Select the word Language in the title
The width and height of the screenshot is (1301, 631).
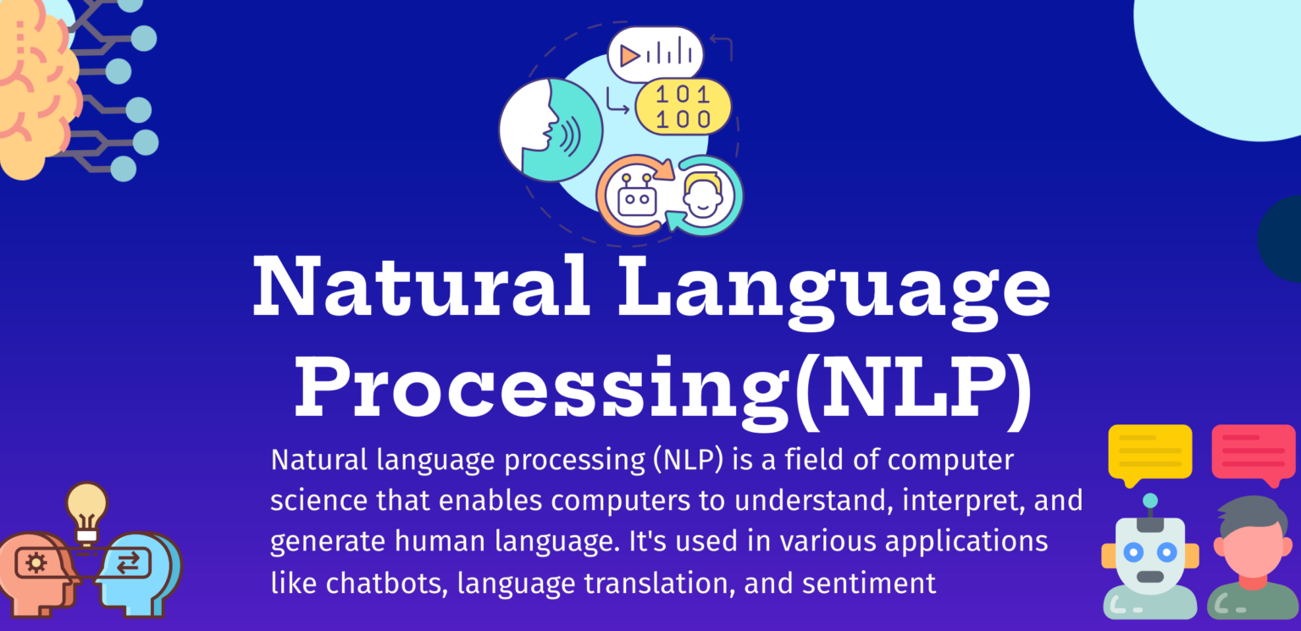coord(833,293)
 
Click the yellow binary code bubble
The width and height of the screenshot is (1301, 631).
coord(683,107)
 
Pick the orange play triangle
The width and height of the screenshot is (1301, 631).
coord(628,57)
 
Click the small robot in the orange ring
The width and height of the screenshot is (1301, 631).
coord(637,195)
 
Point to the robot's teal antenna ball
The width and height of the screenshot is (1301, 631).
coord(1150,501)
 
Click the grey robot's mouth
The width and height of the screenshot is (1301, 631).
coord(1150,577)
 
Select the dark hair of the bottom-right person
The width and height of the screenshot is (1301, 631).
coord(1252,514)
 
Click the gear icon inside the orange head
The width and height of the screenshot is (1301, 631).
coord(36,562)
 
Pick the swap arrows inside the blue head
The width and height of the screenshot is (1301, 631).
coord(129,562)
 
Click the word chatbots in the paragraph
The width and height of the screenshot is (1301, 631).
coord(386,583)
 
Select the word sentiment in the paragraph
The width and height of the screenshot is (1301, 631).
coord(869,583)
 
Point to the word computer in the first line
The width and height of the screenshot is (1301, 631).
coord(950,461)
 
